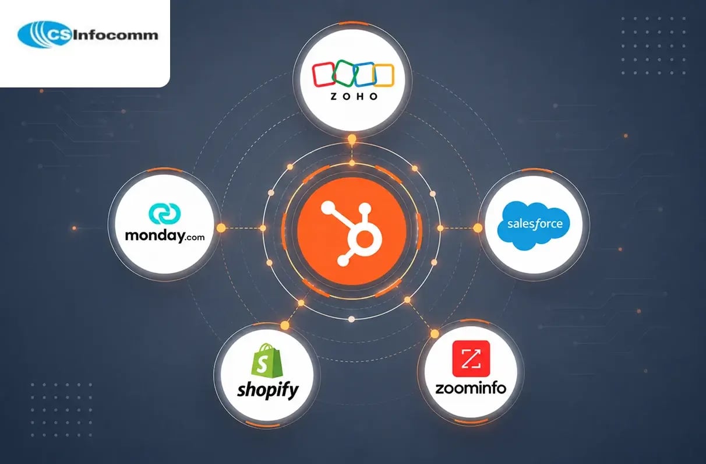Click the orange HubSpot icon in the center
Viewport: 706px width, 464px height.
[352, 231]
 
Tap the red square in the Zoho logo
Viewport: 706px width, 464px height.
[323, 75]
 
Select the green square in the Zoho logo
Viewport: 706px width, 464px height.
[344, 72]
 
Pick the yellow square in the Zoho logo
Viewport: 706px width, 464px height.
[383, 75]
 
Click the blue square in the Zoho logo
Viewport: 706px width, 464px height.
[364, 75]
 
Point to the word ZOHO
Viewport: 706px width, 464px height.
[354, 97]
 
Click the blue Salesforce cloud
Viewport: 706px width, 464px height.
[534, 225]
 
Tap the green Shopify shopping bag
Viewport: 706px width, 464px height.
[267, 360]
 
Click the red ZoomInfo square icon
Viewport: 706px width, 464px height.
[471, 358]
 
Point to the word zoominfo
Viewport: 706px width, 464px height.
[471, 388]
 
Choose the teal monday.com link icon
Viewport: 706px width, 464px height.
[164, 213]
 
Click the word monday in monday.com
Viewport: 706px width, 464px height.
[155, 235]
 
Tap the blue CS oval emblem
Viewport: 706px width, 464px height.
[44, 34]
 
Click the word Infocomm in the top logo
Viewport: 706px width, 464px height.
[115, 35]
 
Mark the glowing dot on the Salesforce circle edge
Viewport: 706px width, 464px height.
[478, 228]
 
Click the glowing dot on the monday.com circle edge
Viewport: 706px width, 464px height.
[221, 228]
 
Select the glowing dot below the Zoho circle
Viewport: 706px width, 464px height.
[352, 139]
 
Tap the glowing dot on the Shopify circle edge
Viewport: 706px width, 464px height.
[285, 325]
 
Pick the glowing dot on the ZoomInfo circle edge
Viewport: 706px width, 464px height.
[435, 333]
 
